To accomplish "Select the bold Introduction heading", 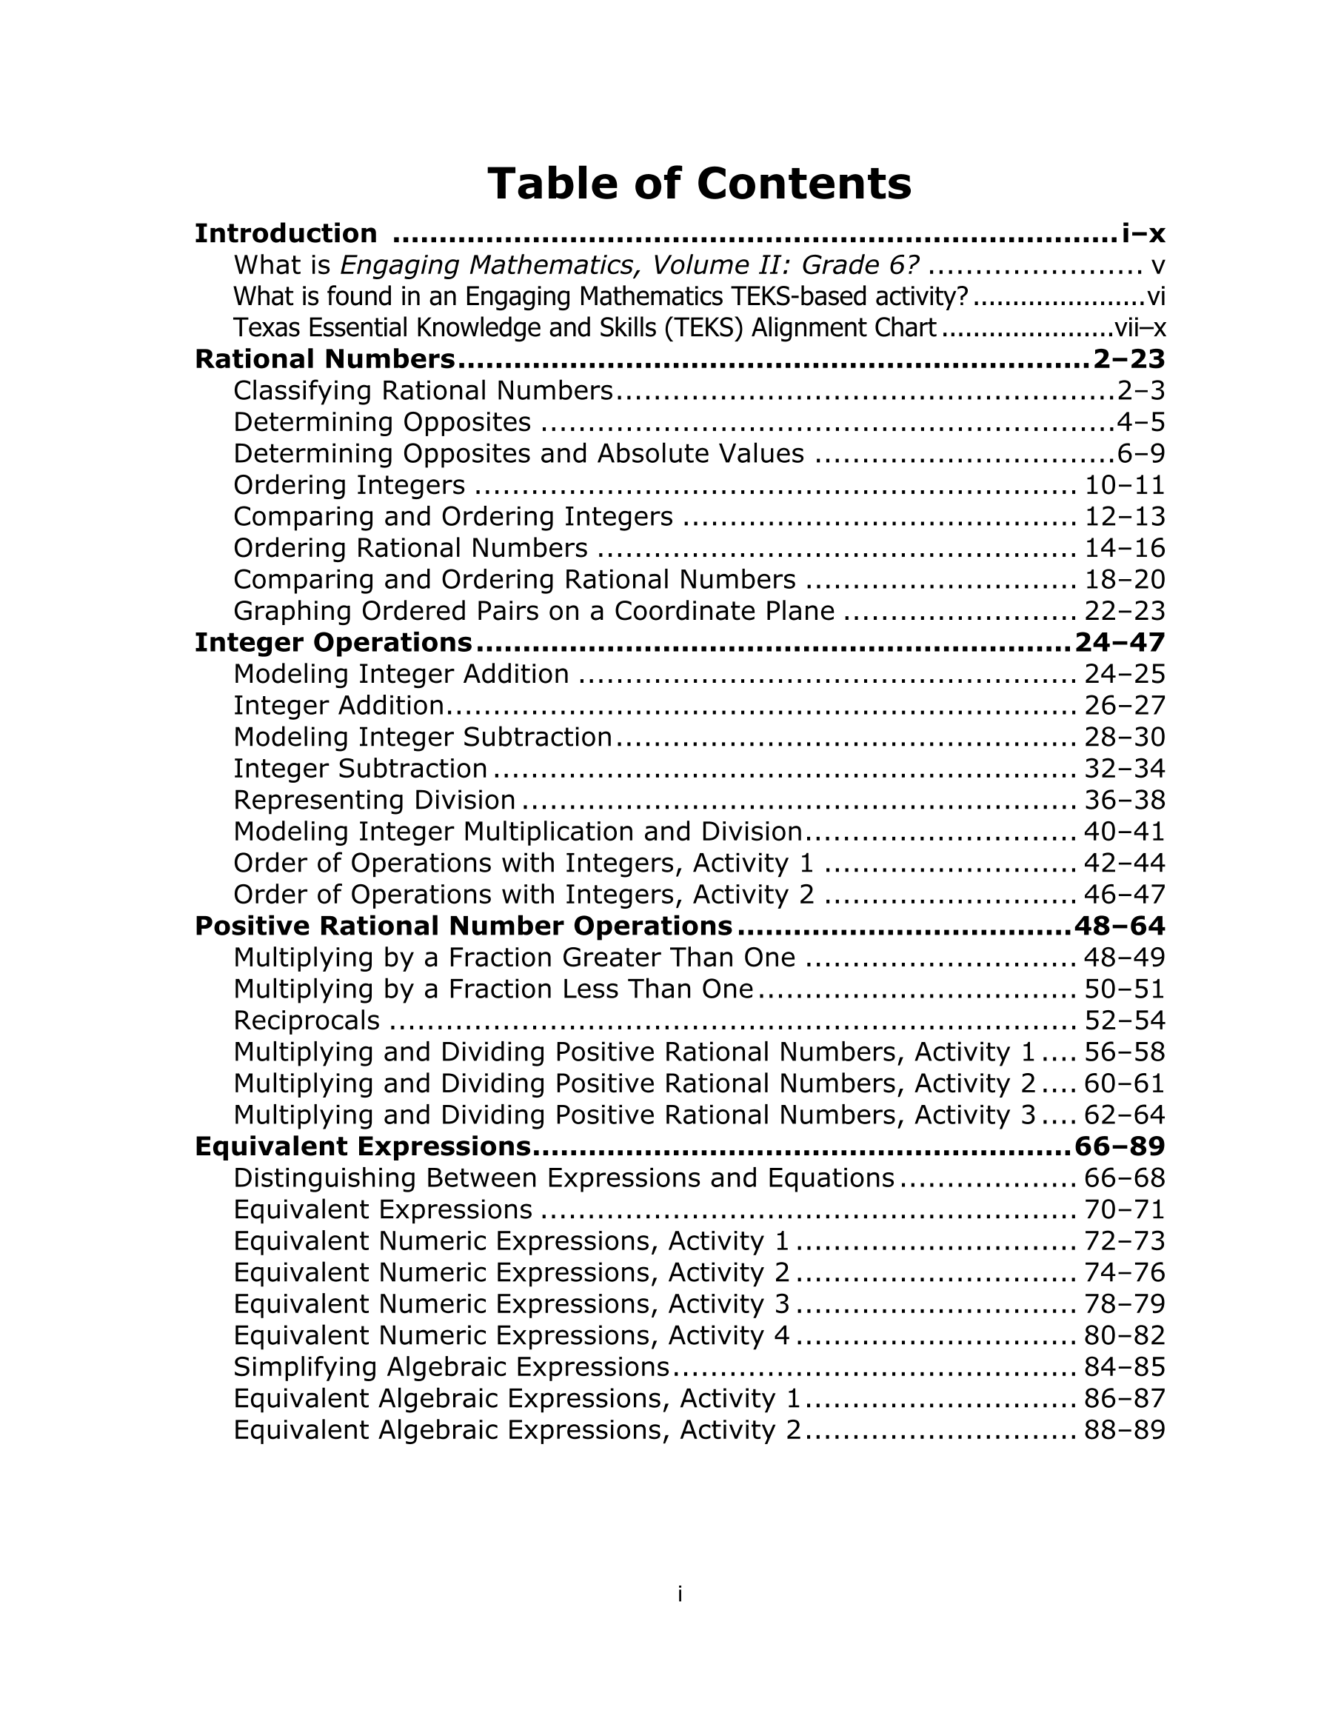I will [286, 233].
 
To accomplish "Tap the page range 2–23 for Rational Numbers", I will [1128, 359].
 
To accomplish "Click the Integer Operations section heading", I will [332, 643].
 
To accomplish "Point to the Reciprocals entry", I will [306, 1021].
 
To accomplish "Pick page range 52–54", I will [1125, 1021].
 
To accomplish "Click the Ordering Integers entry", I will [350, 485].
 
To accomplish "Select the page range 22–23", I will [1125, 612].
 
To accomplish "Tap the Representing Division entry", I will [374, 800].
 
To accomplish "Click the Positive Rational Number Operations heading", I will [464, 926].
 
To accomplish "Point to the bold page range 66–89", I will [1120, 1147].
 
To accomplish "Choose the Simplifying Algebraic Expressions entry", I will [451, 1367].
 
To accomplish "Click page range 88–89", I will [1125, 1431].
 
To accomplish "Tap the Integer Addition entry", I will [338, 706].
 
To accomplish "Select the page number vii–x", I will [1140, 328].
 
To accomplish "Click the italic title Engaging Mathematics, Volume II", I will [561, 265].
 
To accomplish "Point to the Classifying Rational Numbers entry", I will [423, 391].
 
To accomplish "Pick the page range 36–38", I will [1125, 800].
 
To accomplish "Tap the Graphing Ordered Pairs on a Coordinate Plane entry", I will [534, 612].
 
